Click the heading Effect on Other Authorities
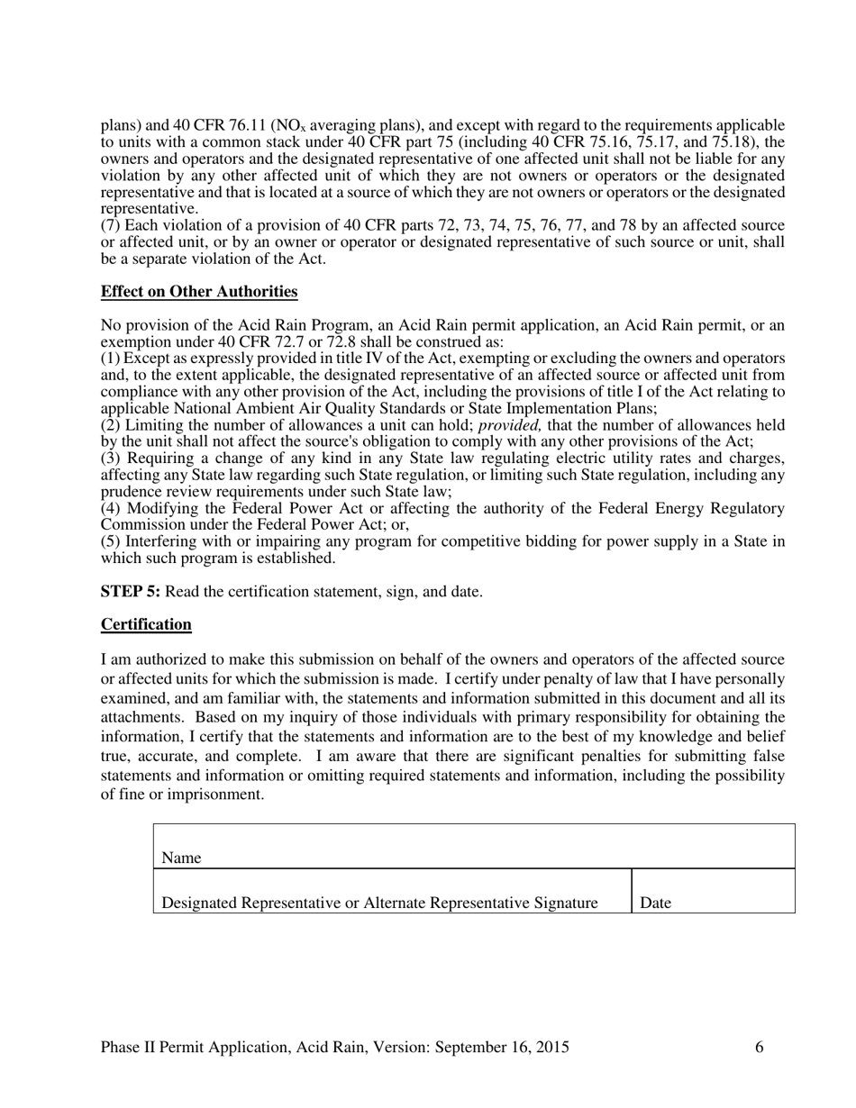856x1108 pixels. (199, 292)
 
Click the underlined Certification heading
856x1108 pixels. (146, 624)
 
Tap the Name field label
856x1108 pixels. (181, 858)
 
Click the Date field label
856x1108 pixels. (655, 903)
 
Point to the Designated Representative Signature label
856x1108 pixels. (379, 903)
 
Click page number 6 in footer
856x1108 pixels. (760, 1047)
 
